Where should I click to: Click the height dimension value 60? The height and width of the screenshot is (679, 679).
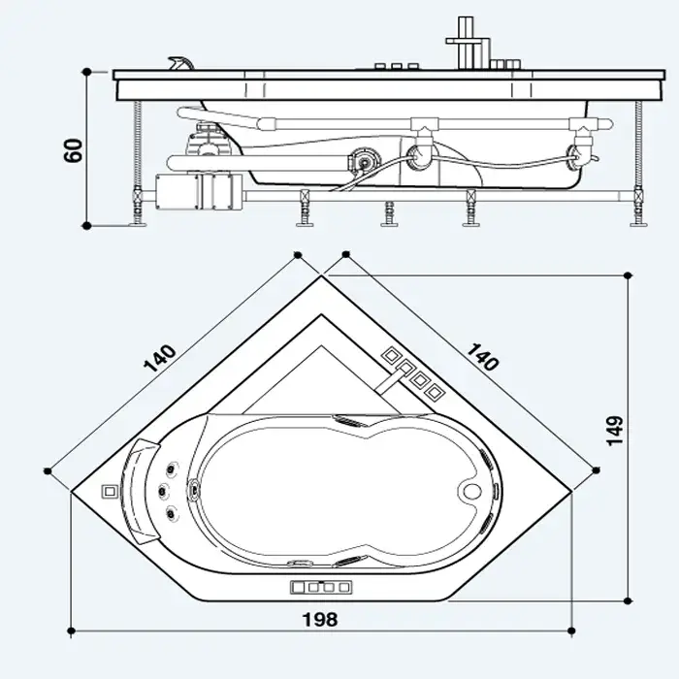[x=73, y=150]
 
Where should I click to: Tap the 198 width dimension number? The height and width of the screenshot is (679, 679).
[x=320, y=620]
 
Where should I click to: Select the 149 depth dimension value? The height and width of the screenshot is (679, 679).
[x=614, y=431]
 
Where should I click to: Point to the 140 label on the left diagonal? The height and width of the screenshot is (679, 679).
[x=160, y=359]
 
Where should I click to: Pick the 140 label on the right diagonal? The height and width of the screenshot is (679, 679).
[x=482, y=357]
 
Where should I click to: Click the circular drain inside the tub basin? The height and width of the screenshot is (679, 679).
[x=472, y=491]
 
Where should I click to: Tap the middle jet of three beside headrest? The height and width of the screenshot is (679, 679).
[x=163, y=491]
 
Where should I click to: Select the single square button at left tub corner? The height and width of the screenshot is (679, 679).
[x=109, y=491]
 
